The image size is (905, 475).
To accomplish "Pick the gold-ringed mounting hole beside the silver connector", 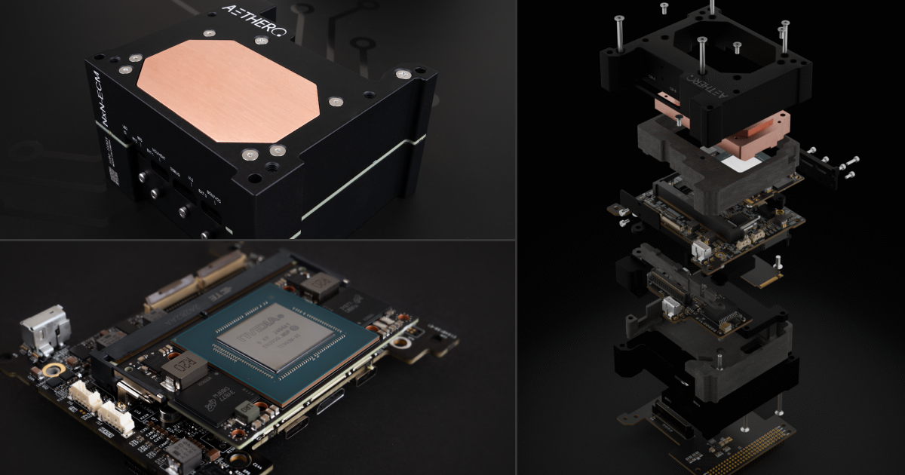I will (54, 370).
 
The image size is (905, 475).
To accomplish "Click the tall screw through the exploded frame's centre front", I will (702, 57).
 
